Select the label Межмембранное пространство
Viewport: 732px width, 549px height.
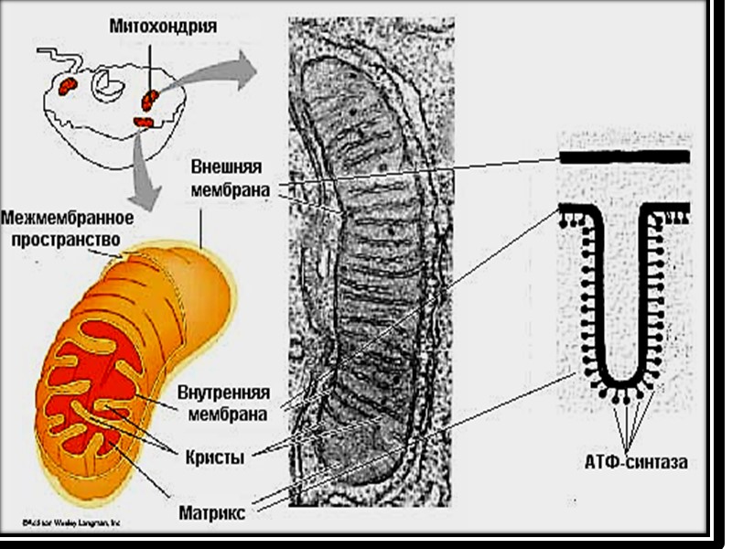(68, 228)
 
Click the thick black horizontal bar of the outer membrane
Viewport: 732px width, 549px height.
(624, 157)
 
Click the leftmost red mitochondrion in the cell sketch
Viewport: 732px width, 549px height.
(68, 87)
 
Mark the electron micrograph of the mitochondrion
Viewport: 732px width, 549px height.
(371, 265)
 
